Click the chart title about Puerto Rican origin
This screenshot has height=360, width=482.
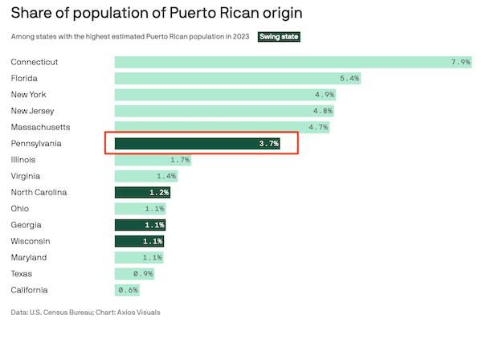[x=157, y=14]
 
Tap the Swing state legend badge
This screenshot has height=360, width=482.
[x=278, y=37]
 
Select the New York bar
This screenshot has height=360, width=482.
[x=225, y=95]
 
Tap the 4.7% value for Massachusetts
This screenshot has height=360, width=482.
[x=319, y=127]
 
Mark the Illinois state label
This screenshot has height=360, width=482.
[x=22, y=160]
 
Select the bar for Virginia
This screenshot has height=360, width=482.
[x=145, y=176]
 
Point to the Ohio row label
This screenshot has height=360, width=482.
[x=20, y=209]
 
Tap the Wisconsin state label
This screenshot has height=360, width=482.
[x=30, y=241]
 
